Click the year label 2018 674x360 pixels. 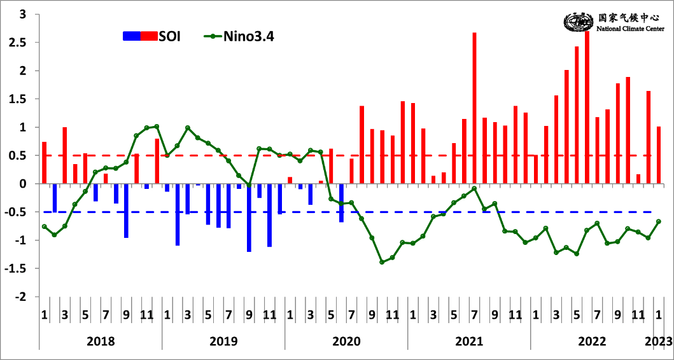click(101, 341)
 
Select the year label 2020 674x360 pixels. click(346, 341)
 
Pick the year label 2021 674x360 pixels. click(469, 341)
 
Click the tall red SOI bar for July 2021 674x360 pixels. click(475, 108)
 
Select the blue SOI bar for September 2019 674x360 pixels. click(249, 218)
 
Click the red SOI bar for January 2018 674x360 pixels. click(45, 163)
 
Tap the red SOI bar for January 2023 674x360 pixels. click(659, 155)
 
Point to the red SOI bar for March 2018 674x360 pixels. click(65, 155)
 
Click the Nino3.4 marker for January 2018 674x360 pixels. click(45, 226)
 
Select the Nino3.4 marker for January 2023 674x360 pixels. click(659, 221)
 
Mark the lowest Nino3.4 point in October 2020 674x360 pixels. click(382, 262)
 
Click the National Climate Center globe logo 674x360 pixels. click(578, 24)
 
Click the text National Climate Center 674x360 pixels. click(631, 29)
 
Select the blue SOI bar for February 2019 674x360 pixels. click(178, 214)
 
